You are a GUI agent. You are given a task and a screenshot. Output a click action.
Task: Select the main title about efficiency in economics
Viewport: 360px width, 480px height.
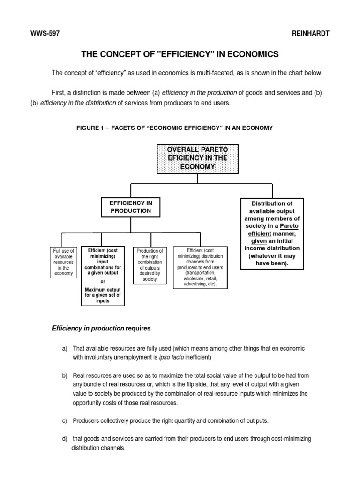[x=180, y=54]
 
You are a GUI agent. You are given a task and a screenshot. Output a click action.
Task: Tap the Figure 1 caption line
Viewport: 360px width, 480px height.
[x=174, y=127]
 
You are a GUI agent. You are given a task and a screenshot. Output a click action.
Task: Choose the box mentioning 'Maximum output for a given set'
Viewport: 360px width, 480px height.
[x=103, y=276]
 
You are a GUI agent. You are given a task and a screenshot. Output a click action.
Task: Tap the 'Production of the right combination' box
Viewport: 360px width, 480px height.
[x=150, y=265]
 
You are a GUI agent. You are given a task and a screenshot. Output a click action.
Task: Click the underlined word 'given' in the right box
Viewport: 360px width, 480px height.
[x=260, y=240]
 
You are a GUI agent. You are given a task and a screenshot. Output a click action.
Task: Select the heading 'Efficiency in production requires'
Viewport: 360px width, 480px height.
[x=101, y=329]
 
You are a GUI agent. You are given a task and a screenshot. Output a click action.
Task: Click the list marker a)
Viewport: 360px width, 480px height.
[x=65, y=348]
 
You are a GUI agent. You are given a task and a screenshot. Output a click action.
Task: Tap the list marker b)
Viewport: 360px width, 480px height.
[x=65, y=376]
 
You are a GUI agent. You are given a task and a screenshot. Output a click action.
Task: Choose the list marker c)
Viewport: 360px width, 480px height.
[x=65, y=421]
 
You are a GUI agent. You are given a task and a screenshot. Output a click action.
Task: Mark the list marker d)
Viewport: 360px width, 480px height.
[x=65, y=439]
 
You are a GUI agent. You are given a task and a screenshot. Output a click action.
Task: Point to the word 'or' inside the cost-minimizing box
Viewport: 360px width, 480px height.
[x=103, y=281]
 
